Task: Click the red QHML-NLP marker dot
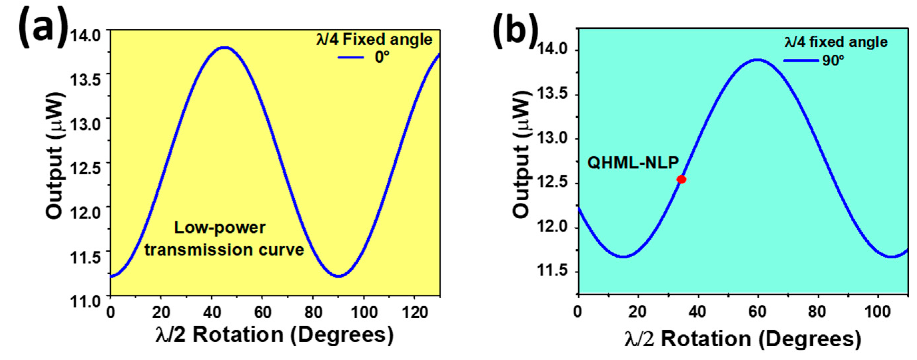pos(681,179)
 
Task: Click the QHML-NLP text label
pos(633,163)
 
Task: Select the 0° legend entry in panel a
pos(382,57)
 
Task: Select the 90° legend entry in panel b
pos(833,61)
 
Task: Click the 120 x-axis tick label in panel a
pos(415,313)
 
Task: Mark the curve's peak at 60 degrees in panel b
pos(757,60)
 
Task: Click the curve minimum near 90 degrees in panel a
pos(338,276)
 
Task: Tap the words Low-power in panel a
pos(220,228)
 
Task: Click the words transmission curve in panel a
pos(224,250)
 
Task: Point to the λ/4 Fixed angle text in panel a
pos(374,39)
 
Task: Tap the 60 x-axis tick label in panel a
pos(263,313)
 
